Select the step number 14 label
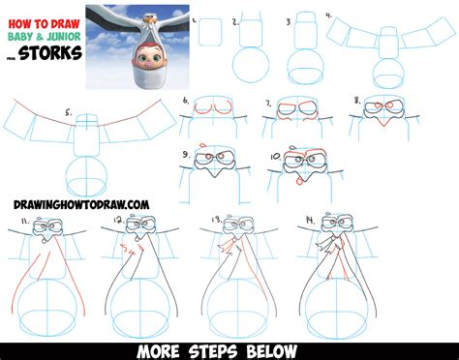[x=309, y=221]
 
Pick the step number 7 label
[x=267, y=100]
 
